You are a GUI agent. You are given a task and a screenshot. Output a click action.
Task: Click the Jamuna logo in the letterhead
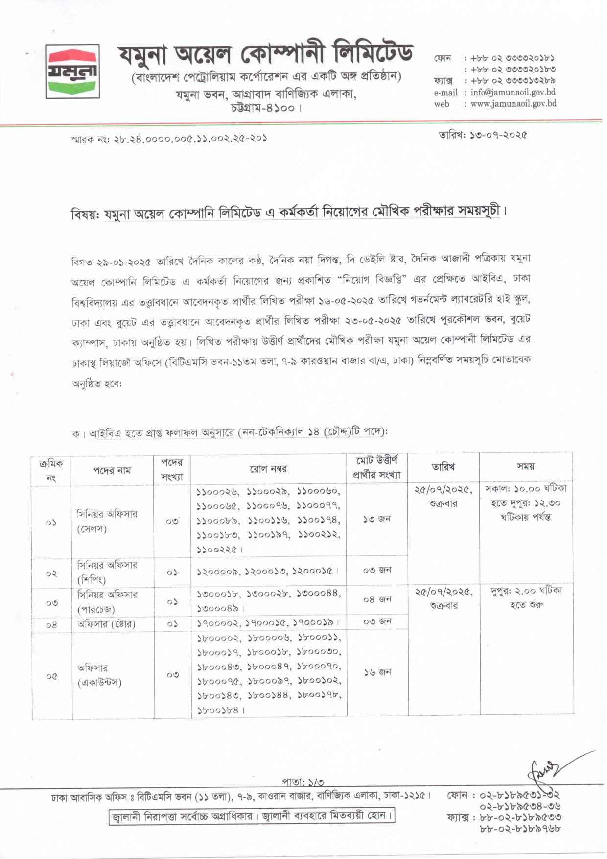click(72, 72)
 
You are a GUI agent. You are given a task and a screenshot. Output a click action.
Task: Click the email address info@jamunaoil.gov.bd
click(513, 92)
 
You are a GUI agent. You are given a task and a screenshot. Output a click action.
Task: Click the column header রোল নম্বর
click(268, 469)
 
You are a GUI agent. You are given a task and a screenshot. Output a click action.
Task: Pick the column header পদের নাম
click(112, 470)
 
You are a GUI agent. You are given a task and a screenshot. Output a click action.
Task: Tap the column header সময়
click(526, 466)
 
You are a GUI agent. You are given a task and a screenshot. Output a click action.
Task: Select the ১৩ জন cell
click(377, 519)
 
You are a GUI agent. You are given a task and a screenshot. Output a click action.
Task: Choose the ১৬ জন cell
click(377, 672)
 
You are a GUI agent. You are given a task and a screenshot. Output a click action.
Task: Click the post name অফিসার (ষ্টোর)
click(106, 624)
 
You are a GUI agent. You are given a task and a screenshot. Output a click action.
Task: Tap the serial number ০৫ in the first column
click(52, 676)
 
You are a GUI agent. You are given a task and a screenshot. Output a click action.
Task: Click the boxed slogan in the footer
click(252, 816)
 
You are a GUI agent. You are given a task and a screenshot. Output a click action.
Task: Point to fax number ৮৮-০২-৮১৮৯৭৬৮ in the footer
click(520, 829)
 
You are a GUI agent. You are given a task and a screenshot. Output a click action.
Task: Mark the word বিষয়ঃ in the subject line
click(86, 215)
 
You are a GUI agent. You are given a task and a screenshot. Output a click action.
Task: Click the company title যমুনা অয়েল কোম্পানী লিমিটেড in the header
click(265, 53)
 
